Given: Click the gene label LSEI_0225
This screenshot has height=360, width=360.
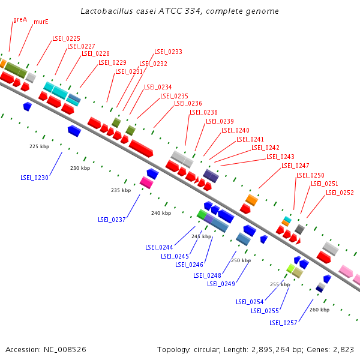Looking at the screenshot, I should pyautogui.click(x=66, y=38).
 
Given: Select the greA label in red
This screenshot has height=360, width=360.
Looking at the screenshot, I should pyautogui.click(x=20, y=19).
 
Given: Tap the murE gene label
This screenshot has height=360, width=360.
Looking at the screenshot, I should pyautogui.click(x=41, y=22).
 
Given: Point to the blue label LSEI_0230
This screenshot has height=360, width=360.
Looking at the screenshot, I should pyautogui.click(x=34, y=178).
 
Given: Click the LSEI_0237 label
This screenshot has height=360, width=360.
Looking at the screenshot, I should pyautogui.click(x=112, y=220).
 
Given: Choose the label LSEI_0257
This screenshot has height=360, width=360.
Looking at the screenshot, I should pyautogui.click(x=283, y=323).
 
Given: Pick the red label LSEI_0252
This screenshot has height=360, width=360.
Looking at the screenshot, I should pyautogui.click(x=340, y=193).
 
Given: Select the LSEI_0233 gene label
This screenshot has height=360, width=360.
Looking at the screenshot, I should pyautogui.click(x=168, y=52).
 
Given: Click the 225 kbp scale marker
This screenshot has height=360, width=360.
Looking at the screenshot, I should pyautogui.click(x=39, y=146).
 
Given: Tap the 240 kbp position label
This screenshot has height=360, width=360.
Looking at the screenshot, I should pyautogui.click(x=161, y=213).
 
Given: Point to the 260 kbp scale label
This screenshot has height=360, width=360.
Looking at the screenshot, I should pyautogui.click(x=319, y=310).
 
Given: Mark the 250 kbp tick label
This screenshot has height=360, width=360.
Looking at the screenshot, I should pyautogui.click(x=241, y=260).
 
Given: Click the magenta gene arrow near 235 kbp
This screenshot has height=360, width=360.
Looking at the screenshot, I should pyautogui.click(x=146, y=182).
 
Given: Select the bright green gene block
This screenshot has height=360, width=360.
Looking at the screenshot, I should pyautogui.click(x=202, y=214).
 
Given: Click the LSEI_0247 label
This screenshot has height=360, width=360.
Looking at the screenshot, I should pyautogui.click(x=295, y=166).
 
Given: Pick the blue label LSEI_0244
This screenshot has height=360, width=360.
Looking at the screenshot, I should pyautogui.click(x=159, y=247).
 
